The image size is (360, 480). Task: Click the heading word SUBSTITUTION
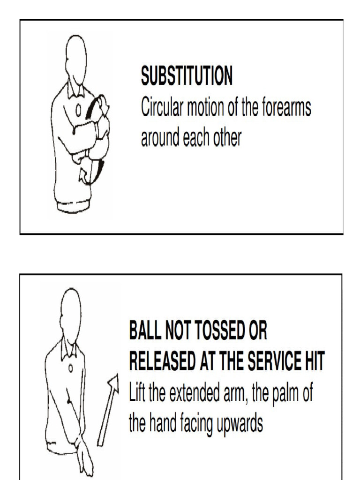pyautogui.click(x=187, y=77)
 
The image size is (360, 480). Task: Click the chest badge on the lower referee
pyautogui.click(x=71, y=368)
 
